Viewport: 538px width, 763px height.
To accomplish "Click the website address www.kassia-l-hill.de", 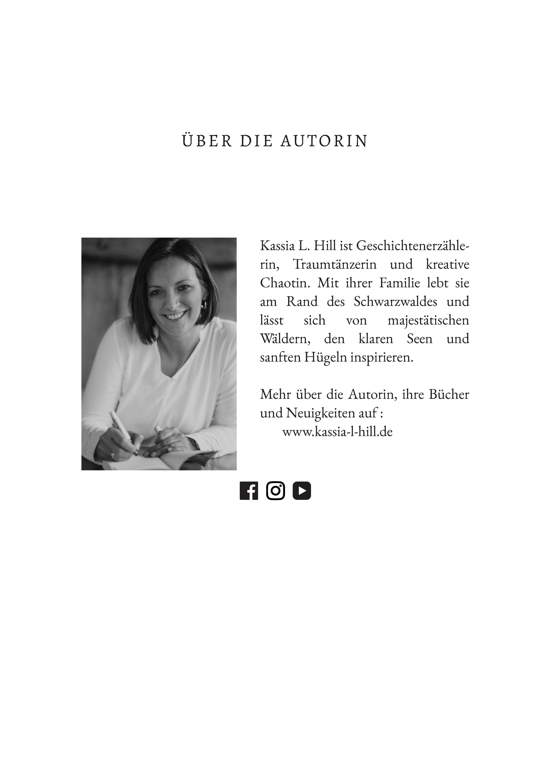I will (x=337, y=432).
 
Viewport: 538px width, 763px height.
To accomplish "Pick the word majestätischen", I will (x=428, y=320).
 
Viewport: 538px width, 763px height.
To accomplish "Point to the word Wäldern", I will (x=285, y=339).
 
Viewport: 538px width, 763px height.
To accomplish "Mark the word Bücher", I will (x=449, y=395).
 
